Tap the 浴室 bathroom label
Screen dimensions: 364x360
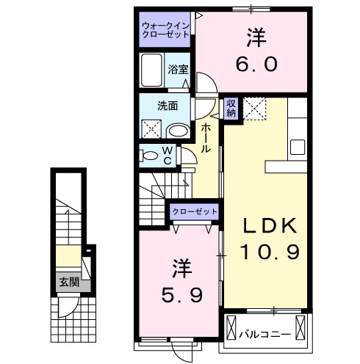(x=177, y=70)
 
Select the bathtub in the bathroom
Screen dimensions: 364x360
(x=153, y=72)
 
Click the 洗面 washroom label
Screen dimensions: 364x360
(x=167, y=105)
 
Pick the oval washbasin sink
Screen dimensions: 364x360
(x=176, y=130)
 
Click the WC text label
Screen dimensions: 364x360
(x=168, y=155)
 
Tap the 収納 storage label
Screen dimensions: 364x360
(x=231, y=108)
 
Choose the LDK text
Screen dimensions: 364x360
(x=269, y=225)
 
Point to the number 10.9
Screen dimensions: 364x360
(x=269, y=252)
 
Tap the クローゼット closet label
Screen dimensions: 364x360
(x=195, y=211)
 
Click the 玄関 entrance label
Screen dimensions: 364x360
(x=70, y=280)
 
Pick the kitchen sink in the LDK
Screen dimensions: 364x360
(x=299, y=145)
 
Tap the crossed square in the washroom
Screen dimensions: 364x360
(x=151, y=129)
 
